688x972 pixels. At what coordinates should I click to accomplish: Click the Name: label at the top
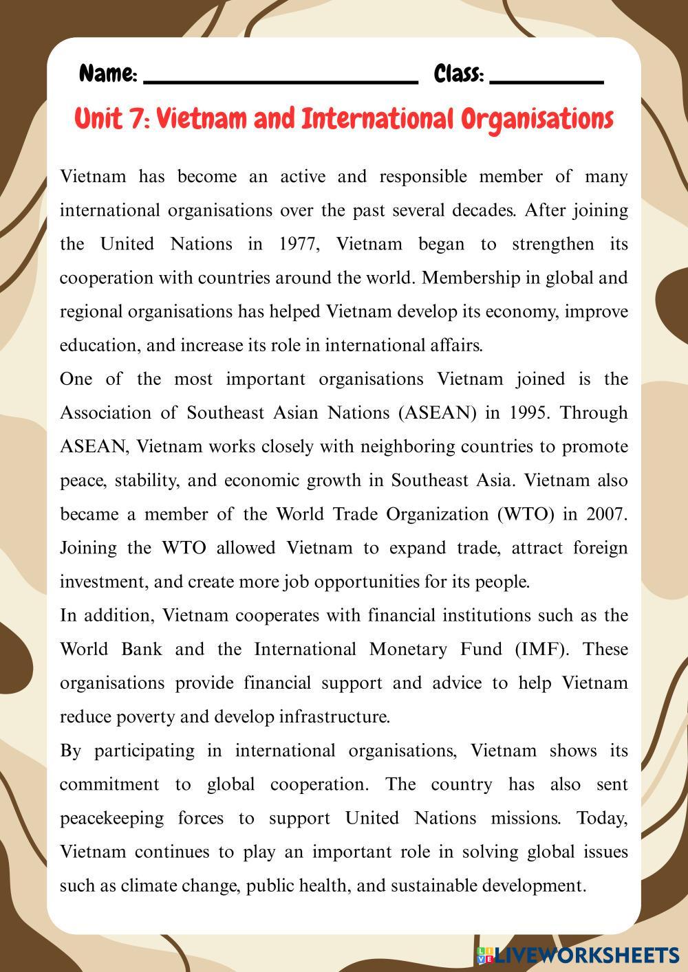click(x=108, y=74)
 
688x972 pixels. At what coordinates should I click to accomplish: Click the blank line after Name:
click(x=281, y=80)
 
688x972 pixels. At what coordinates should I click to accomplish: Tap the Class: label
click(x=459, y=74)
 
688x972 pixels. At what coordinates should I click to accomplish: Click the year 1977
click(x=299, y=244)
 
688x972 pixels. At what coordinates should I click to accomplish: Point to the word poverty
click(x=144, y=717)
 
